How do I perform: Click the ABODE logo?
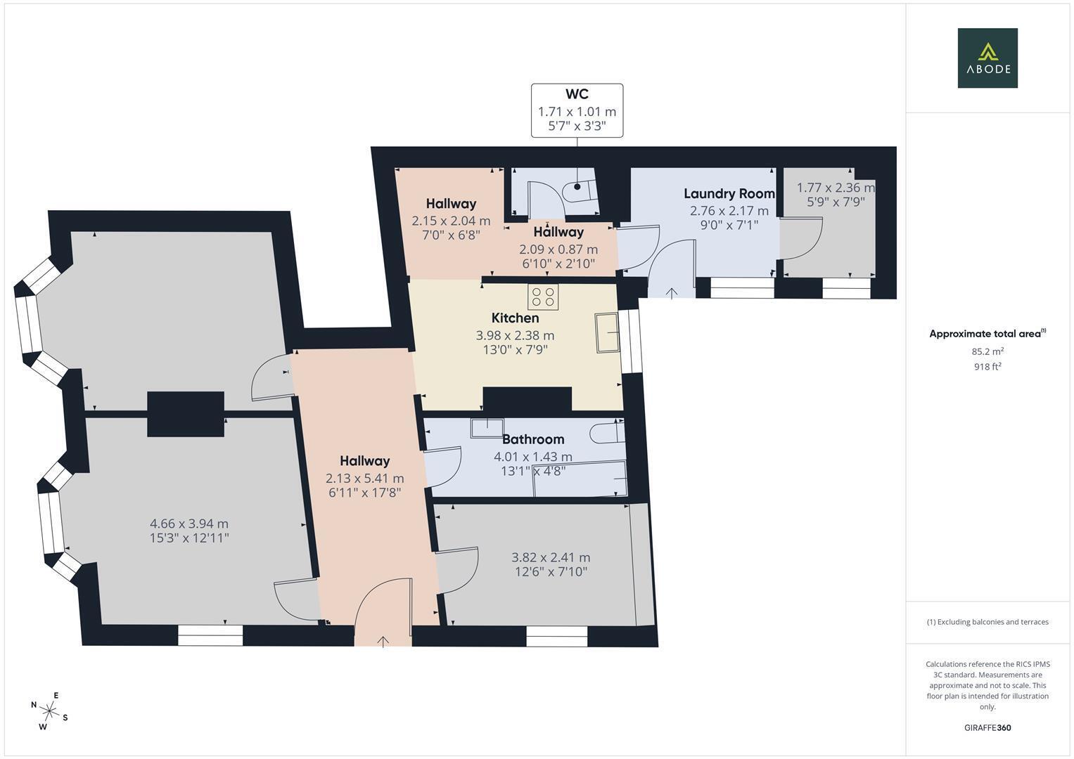(987, 58)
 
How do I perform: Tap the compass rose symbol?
(49, 711)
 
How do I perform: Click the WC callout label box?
(577, 110)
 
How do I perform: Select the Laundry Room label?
(729, 193)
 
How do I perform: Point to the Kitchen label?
(515, 318)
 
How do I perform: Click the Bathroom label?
(532, 439)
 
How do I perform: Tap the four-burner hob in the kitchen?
(543, 297)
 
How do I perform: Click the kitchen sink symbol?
(607, 332)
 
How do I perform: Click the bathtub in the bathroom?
(580, 479)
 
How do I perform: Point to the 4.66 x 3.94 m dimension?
(188, 524)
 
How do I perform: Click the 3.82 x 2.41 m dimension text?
(550, 558)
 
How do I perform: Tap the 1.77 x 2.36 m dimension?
(835, 188)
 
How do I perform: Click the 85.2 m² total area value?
(987, 351)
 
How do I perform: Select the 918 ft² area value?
(987, 366)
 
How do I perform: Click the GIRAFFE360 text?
(987, 727)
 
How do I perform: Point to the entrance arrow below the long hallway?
(383, 641)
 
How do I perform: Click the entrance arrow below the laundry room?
(672, 293)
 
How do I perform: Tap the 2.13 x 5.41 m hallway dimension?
(364, 479)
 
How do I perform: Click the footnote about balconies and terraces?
(987, 622)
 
